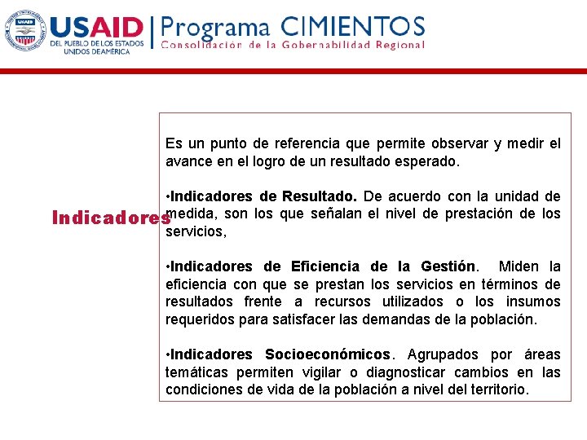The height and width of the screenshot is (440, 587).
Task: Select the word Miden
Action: [x=519, y=266]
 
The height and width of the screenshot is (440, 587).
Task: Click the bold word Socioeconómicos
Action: [x=328, y=354]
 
